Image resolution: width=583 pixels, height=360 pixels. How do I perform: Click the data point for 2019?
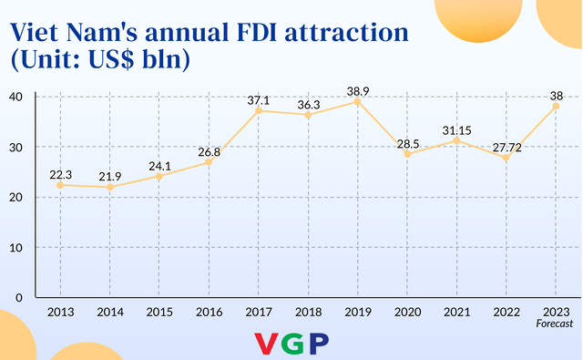(x=357, y=101)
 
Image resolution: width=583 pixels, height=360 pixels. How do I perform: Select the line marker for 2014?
(x=109, y=187)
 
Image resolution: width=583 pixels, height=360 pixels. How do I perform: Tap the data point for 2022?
(x=506, y=158)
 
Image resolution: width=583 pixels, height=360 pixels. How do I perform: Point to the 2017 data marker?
(x=258, y=110)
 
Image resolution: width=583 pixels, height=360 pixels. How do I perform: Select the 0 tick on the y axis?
(x=20, y=297)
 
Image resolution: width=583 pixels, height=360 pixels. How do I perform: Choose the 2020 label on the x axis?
(x=407, y=312)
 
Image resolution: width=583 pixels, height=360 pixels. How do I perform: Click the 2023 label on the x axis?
(x=556, y=312)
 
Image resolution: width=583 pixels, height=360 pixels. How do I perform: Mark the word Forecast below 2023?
(x=555, y=324)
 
